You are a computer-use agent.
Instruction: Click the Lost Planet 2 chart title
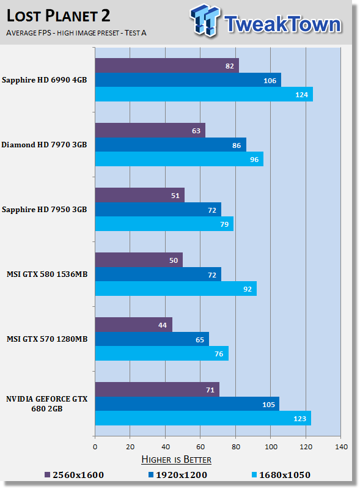(x=58, y=16)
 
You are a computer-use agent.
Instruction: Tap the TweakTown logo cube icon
(x=205, y=20)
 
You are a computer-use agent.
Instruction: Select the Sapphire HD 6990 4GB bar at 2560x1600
(x=167, y=65)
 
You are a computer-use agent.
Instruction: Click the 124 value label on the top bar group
(x=302, y=95)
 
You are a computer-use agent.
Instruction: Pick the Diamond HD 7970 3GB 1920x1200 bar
(x=171, y=145)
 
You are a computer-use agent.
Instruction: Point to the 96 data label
(x=254, y=160)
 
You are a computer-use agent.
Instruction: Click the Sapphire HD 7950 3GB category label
(x=44, y=210)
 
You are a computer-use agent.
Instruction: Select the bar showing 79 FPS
(x=164, y=224)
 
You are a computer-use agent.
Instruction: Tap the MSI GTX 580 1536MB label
(x=47, y=274)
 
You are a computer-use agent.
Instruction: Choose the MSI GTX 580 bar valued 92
(x=176, y=289)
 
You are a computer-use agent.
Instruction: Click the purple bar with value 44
(x=133, y=325)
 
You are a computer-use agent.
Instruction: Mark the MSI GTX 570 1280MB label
(x=47, y=339)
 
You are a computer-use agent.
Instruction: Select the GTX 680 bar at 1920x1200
(x=187, y=404)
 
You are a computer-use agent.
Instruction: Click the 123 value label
(x=299, y=419)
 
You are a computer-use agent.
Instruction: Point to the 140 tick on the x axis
(x=341, y=447)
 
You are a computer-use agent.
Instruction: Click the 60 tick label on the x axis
(x=200, y=447)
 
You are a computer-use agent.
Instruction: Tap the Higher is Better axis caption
(x=176, y=460)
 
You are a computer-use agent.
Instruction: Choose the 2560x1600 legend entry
(x=74, y=475)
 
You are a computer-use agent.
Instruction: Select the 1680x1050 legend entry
(x=281, y=475)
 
